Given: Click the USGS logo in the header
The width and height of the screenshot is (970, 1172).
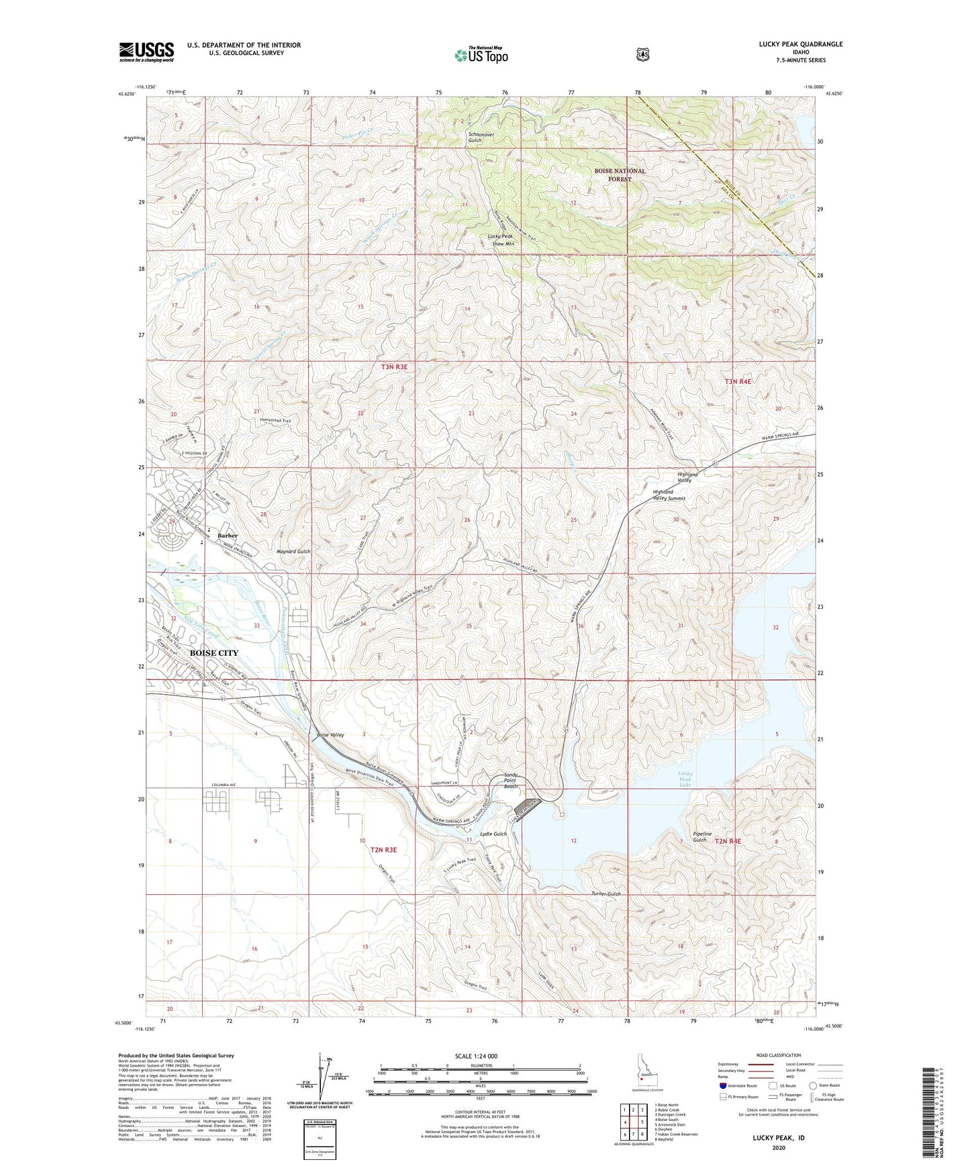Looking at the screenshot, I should [x=146, y=52].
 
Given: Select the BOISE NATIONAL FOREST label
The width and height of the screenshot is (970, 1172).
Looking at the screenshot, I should [x=620, y=175].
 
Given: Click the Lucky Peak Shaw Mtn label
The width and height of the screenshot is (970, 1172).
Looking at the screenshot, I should [x=501, y=240].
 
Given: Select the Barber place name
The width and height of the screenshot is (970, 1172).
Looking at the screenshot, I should [x=228, y=536].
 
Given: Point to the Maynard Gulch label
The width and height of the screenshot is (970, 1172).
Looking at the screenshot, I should [x=293, y=551].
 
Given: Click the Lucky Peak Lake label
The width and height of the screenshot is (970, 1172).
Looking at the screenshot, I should [x=685, y=779].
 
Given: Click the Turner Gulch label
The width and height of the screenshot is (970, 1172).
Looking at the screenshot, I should [x=605, y=894].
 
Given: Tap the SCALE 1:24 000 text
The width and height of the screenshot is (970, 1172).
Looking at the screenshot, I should [x=476, y=1056].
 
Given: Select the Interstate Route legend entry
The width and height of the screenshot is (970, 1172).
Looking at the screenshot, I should [x=737, y=1085].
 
